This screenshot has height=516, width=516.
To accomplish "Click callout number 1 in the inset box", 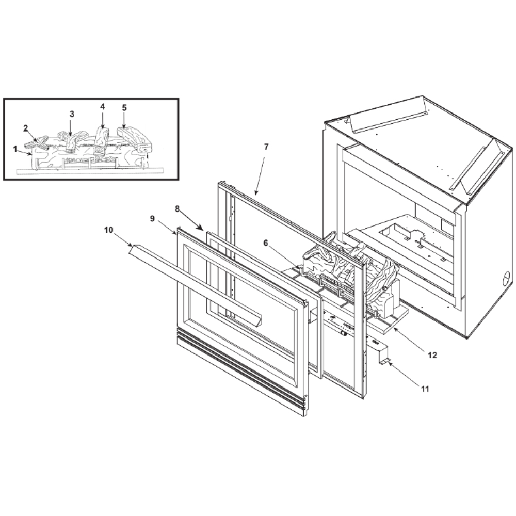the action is click(x=15, y=149).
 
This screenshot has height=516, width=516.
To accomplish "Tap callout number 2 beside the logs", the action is click(x=25, y=128).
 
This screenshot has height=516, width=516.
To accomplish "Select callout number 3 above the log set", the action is click(x=72, y=114).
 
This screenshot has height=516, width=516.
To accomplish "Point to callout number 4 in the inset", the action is click(x=102, y=107).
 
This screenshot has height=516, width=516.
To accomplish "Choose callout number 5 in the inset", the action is click(x=124, y=108).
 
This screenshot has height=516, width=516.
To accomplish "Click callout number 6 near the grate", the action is click(x=266, y=243).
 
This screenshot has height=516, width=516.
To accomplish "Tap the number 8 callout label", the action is click(x=178, y=208).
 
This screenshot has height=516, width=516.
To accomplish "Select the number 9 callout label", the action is click(x=152, y=218).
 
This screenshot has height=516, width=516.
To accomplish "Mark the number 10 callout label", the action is click(x=108, y=230).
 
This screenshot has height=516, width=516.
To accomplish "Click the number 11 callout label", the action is click(x=425, y=389).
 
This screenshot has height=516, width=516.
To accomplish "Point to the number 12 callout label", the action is click(x=432, y=355).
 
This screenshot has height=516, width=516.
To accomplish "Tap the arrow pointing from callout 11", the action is click(x=404, y=373).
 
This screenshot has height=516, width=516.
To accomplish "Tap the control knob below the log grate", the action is click(x=343, y=334).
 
